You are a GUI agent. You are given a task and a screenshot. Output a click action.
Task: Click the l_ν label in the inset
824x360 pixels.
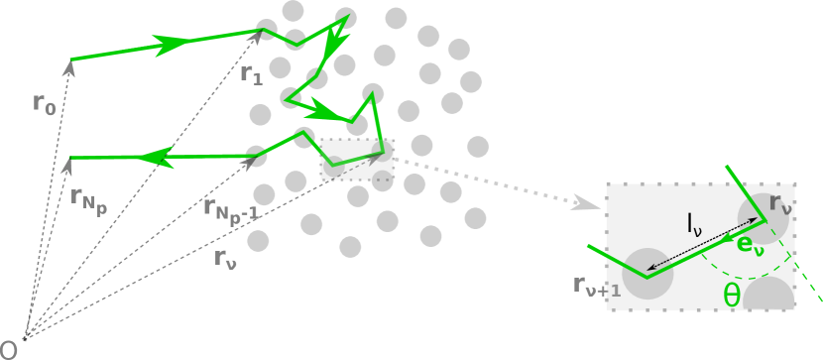click(x=694, y=224)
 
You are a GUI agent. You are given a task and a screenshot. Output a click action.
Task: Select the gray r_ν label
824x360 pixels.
click(x=780, y=204)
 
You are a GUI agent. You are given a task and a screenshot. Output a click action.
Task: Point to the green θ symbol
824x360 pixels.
click(x=731, y=296)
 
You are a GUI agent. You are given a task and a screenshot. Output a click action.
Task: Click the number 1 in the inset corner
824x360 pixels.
click(x=616, y=291)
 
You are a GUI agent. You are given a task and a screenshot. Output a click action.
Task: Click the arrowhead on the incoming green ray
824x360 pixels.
click(x=173, y=44)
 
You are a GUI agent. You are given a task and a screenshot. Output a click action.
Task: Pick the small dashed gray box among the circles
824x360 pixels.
click(x=357, y=160)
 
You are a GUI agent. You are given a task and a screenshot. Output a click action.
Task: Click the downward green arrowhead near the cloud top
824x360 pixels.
click(x=335, y=45)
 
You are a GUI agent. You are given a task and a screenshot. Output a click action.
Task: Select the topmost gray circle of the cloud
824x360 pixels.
click(x=293, y=11)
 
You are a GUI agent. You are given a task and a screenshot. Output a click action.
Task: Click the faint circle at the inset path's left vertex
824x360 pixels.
click(x=647, y=274)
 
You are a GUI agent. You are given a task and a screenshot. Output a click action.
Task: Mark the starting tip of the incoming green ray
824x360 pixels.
click(x=71, y=60)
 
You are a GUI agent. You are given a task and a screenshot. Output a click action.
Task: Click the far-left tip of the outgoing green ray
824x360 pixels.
click(x=71, y=158)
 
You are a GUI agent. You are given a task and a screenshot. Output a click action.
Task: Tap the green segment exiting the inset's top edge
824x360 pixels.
click(x=735, y=176)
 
